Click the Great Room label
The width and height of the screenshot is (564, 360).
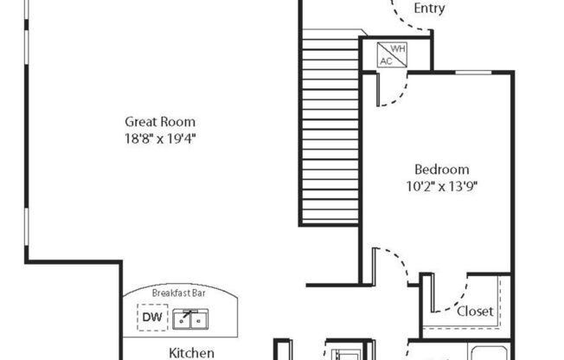click(x=160, y=122)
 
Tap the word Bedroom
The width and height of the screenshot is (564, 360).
click(x=441, y=170)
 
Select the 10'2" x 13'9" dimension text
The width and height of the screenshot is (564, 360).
click(x=441, y=185)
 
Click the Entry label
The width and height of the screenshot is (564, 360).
click(x=430, y=9)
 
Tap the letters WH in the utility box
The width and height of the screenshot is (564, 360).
click(x=398, y=49)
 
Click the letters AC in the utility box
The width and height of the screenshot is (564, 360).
click(x=386, y=61)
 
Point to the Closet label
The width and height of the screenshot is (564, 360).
click(x=475, y=311)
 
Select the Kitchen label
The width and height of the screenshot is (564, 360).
click(x=191, y=352)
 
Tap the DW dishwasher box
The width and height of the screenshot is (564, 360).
click(x=151, y=317)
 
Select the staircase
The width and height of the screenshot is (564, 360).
click(x=330, y=130)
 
